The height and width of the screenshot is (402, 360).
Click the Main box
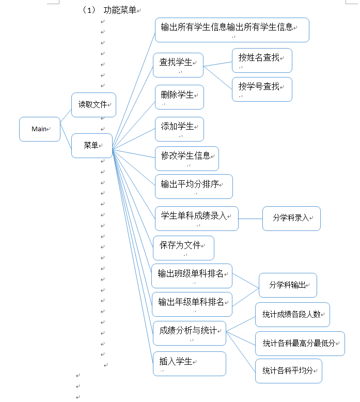point(40,129)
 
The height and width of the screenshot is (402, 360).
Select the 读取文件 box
point(93,105)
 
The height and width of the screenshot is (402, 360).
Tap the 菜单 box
point(91,146)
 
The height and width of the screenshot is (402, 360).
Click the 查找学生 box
point(178,65)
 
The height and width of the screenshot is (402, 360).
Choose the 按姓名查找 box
point(262,60)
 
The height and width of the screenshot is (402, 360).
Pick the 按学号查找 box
point(262,89)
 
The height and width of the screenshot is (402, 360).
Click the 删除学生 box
point(179,97)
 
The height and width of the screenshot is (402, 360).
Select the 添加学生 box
point(179,129)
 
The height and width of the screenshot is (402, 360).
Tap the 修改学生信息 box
point(186,158)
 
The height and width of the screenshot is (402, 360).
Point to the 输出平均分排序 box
point(193,186)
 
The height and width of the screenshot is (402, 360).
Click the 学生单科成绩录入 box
point(196,218)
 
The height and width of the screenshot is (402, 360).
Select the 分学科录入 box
point(291,218)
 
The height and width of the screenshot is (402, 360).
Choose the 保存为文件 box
point(183,248)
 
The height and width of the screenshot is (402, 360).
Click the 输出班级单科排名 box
point(192,276)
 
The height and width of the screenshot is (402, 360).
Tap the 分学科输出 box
point(288,285)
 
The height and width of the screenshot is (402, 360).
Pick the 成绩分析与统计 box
point(189,333)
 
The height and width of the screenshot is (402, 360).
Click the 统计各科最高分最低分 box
point(300,343)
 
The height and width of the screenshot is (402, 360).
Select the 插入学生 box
point(189,363)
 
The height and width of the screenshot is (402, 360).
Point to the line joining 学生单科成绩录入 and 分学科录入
point(251,219)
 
